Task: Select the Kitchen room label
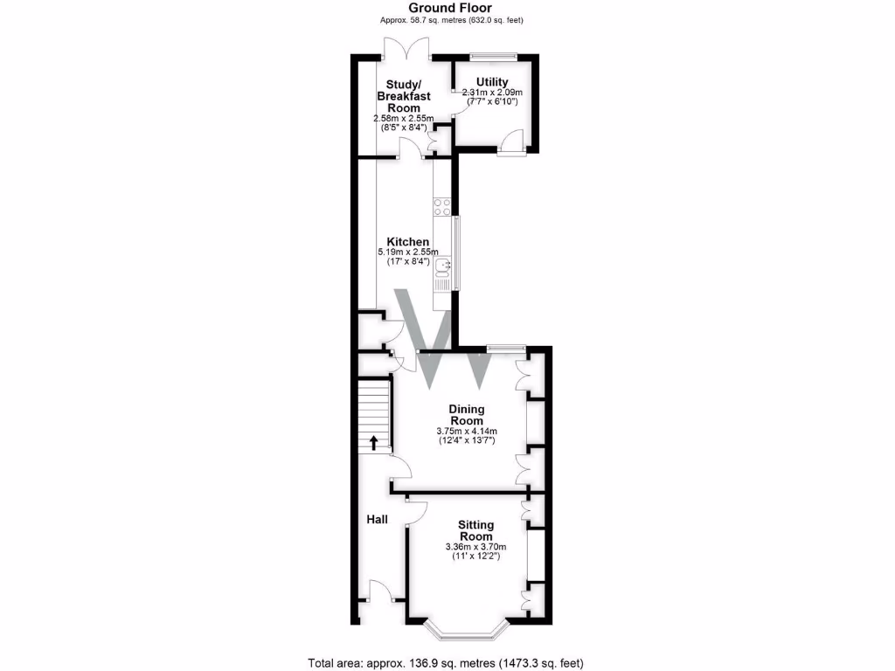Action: [408, 242]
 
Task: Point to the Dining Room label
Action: [467, 414]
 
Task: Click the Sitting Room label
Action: [476, 530]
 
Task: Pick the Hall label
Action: [377, 519]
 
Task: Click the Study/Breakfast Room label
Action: [399, 96]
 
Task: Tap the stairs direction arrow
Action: [374, 442]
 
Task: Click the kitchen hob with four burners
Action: [442, 208]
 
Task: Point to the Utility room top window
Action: [493, 58]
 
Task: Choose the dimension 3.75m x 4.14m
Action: [467, 431]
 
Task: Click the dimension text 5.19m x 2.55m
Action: [408, 253]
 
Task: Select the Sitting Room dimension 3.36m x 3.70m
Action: [476, 547]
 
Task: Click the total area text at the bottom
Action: [446, 661]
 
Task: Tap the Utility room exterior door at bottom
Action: [512, 144]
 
